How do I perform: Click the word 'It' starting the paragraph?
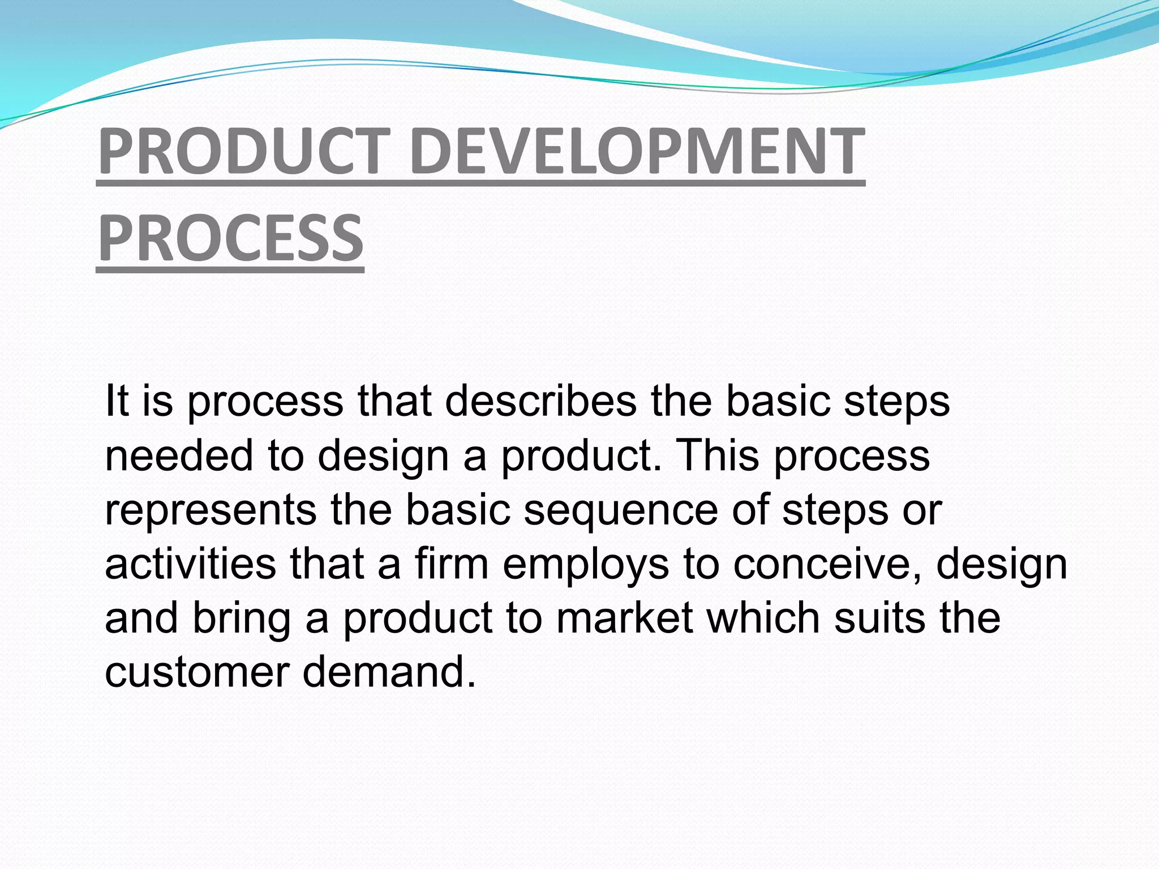[117, 401]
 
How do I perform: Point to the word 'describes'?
[540, 401]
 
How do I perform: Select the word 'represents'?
[211, 510]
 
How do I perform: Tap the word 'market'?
[625, 617]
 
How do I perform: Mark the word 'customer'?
[197, 672]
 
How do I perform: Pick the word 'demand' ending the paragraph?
[388, 672]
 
